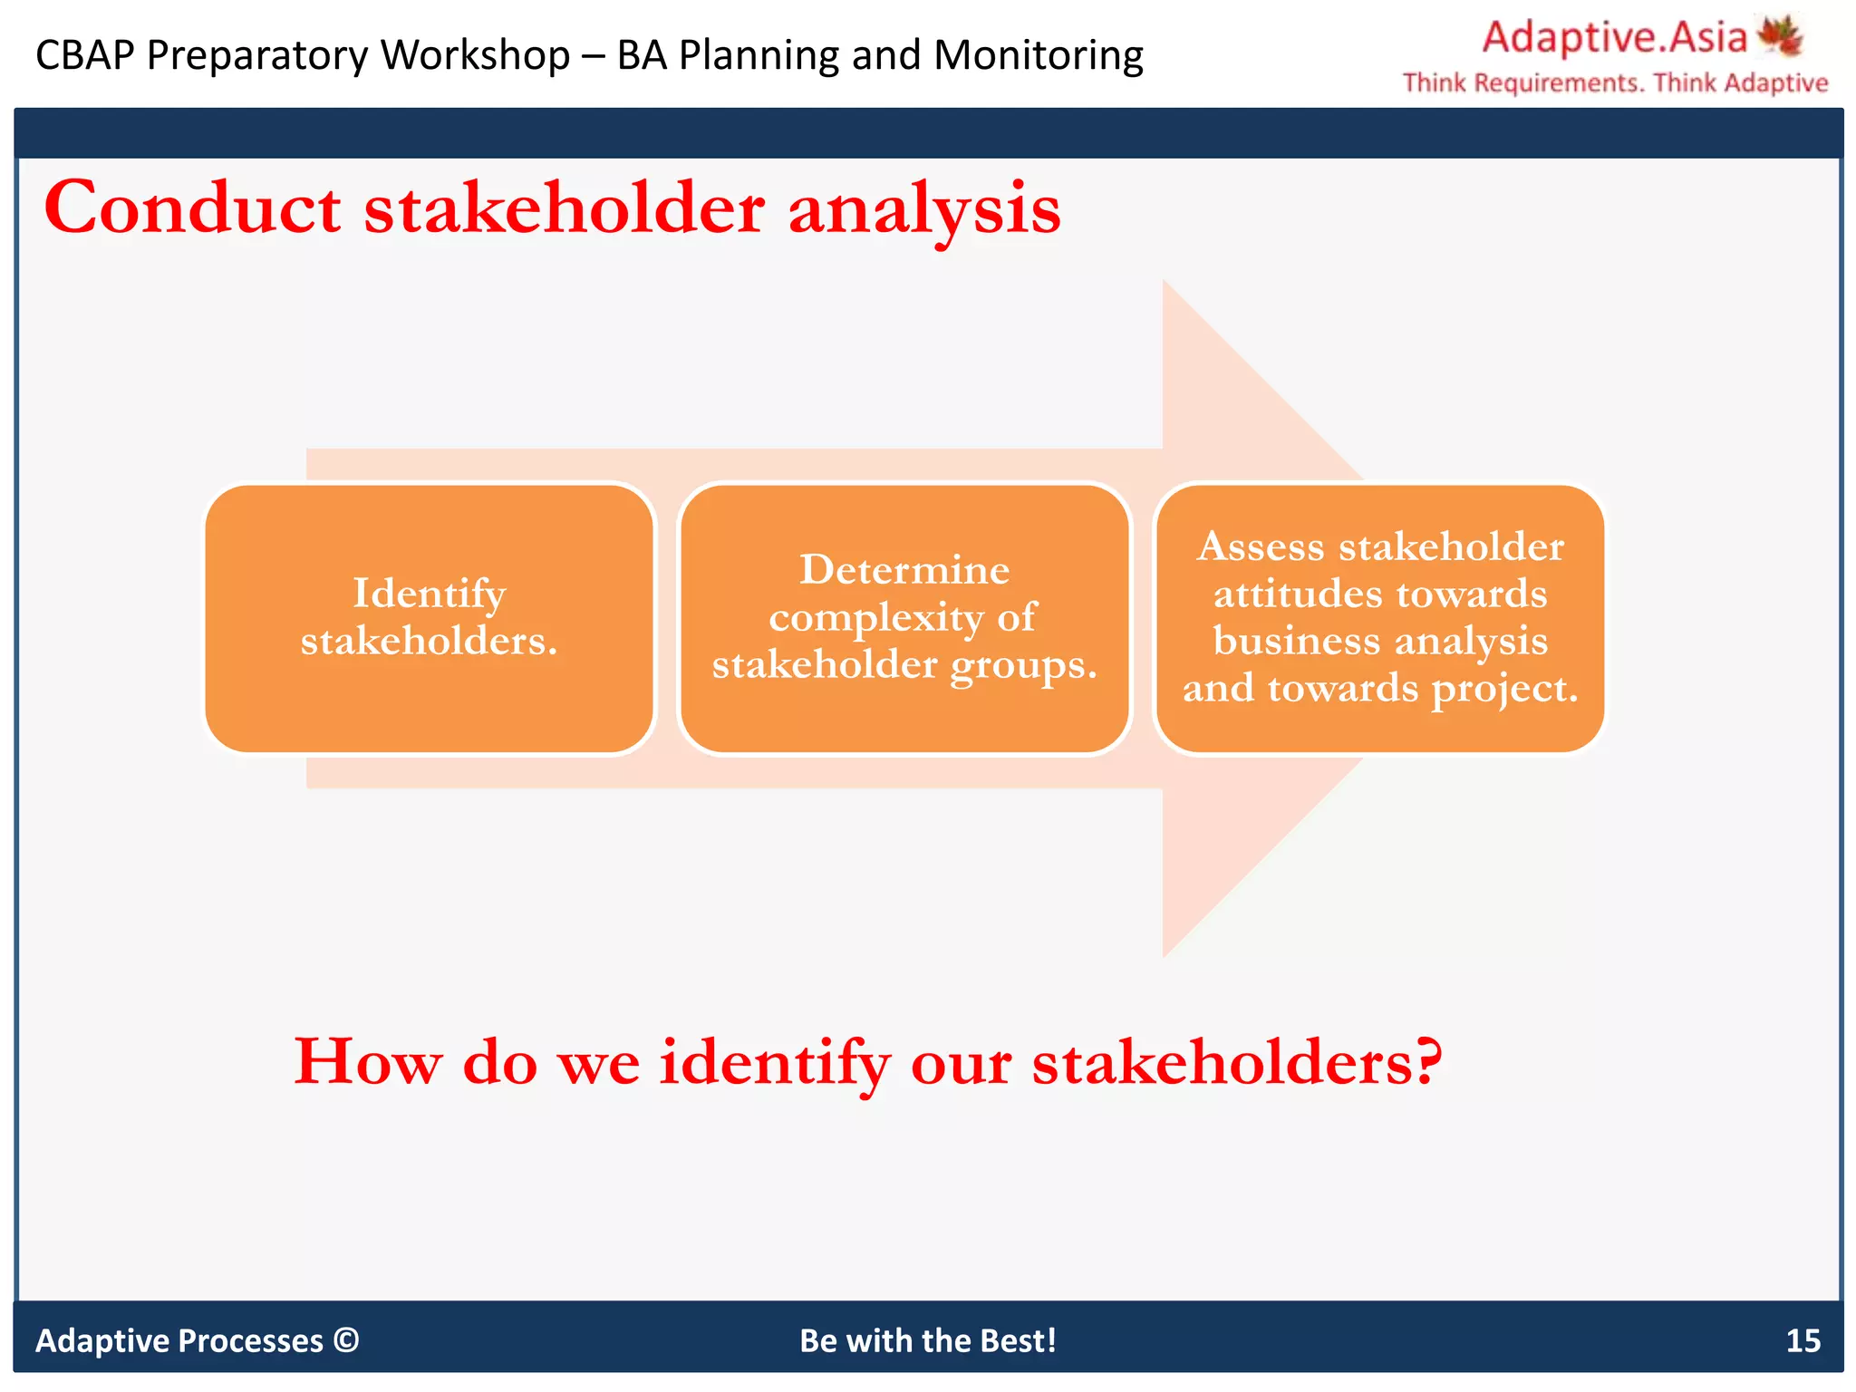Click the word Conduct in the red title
pyautogui.click(x=192, y=208)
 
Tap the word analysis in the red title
pyautogui.click(x=923, y=210)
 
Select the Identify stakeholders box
pyautogui.click(x=429, y=618)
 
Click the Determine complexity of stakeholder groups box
pyautogui.click(x=904, y=618)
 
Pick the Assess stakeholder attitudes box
pyautogui.click(x=1379, y=618)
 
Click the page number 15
pyautogui.click(x=1802, y=1340)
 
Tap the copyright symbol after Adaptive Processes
pyautogui.click(x=346, y=1339)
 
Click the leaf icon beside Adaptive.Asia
pyautogui.click(x=1780, y=37)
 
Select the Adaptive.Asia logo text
pyautogui.click(x=1613, y=38)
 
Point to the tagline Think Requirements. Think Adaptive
pyautogui.click(x=1614, y=83)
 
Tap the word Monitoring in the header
pyautogui.click(x=1038, y=55)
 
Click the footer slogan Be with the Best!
pyautogui.click(x=927, y=1340)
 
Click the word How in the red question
pyautogui.click(x=367, y=1061)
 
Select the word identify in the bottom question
pyautogui.click(x=775, y=1063)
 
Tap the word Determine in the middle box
pyautogui.click(x=904, y=570)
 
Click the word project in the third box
pyautogui.click(x=1503, y=689)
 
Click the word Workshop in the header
pyautogui.click(x=475, y=55)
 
